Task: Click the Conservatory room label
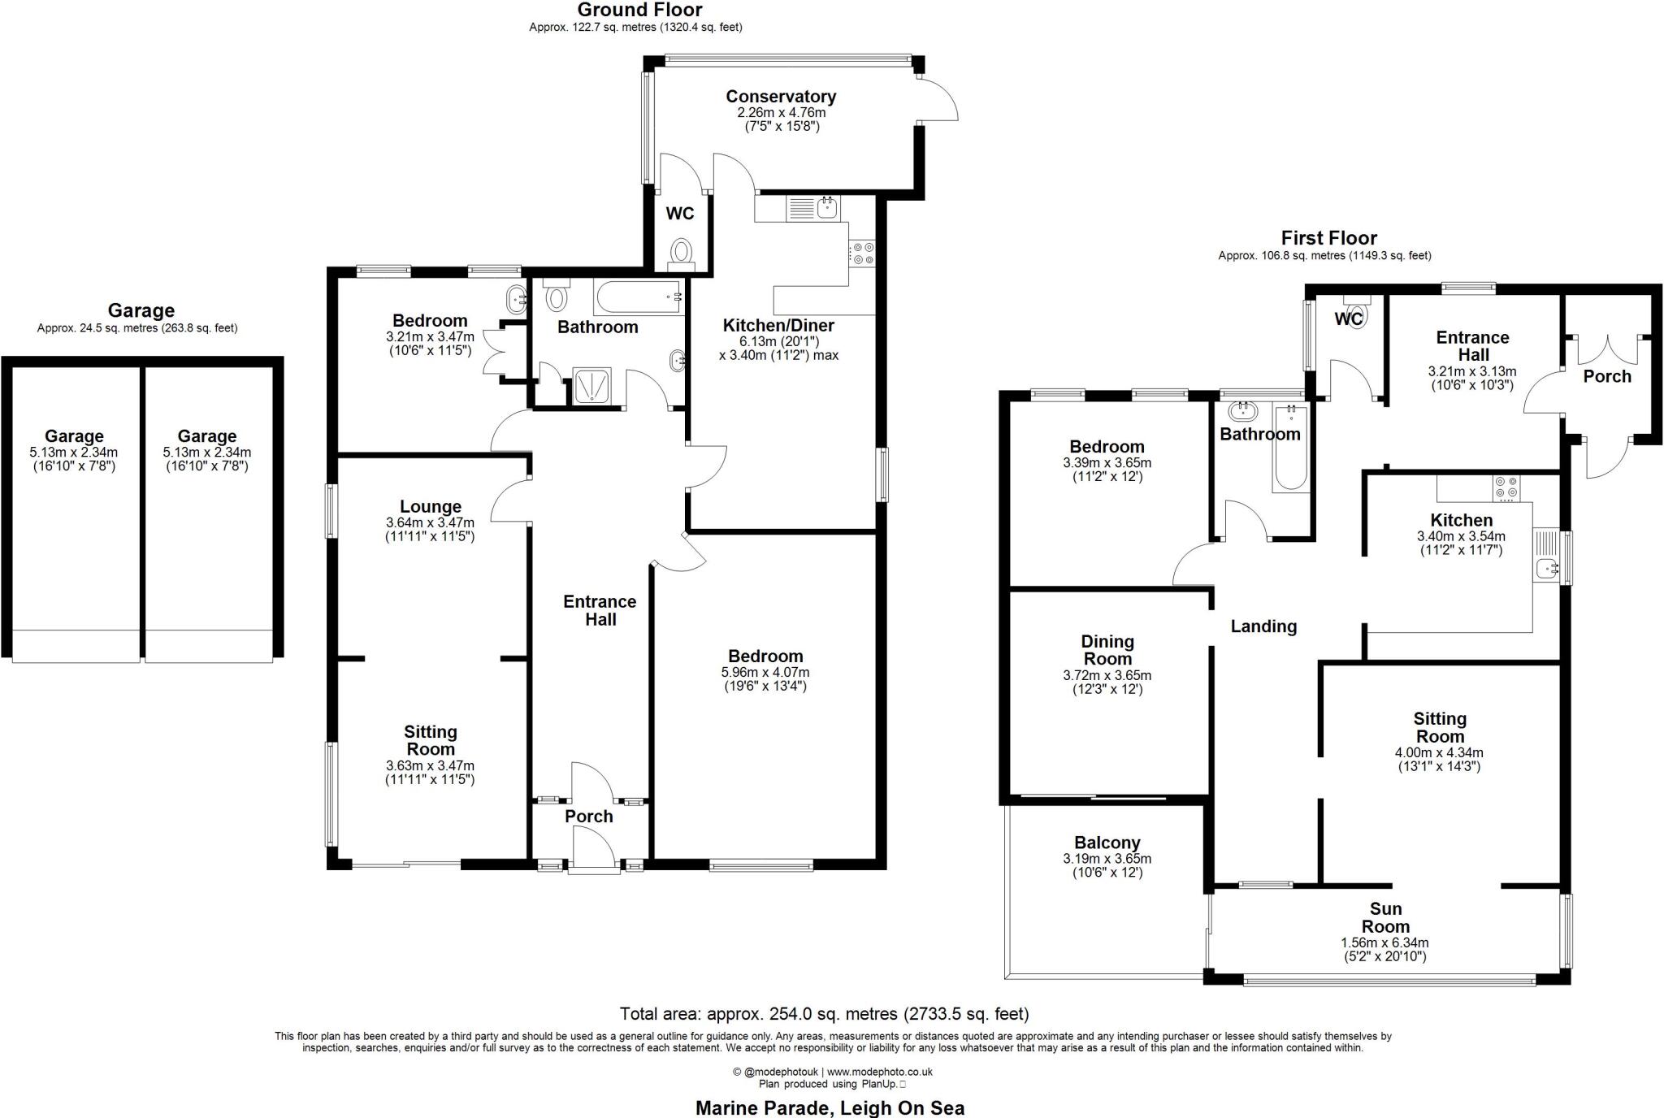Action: [x=780, y=97]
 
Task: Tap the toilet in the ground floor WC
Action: [x=681, y=252]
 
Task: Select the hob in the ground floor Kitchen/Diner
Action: [x=861, y=253]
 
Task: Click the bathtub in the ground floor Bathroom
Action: [x=639, y=297]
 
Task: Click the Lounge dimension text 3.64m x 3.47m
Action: [x=430, y=522]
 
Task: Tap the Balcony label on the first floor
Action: [x=1107, y=843]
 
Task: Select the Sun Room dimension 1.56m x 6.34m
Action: [x=1384, y=942]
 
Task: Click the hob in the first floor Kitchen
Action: [x=1506, y=487]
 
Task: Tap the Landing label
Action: [x=1263, y=626]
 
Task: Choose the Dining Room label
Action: [x=1107, y=650]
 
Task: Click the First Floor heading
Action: [x=1328, y=238]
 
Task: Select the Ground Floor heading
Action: [x=639, y=10]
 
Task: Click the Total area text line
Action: [x=824, y=1013]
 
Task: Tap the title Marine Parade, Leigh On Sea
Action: [x=830, y=1107]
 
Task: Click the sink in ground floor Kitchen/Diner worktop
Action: [x=827, y=207]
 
